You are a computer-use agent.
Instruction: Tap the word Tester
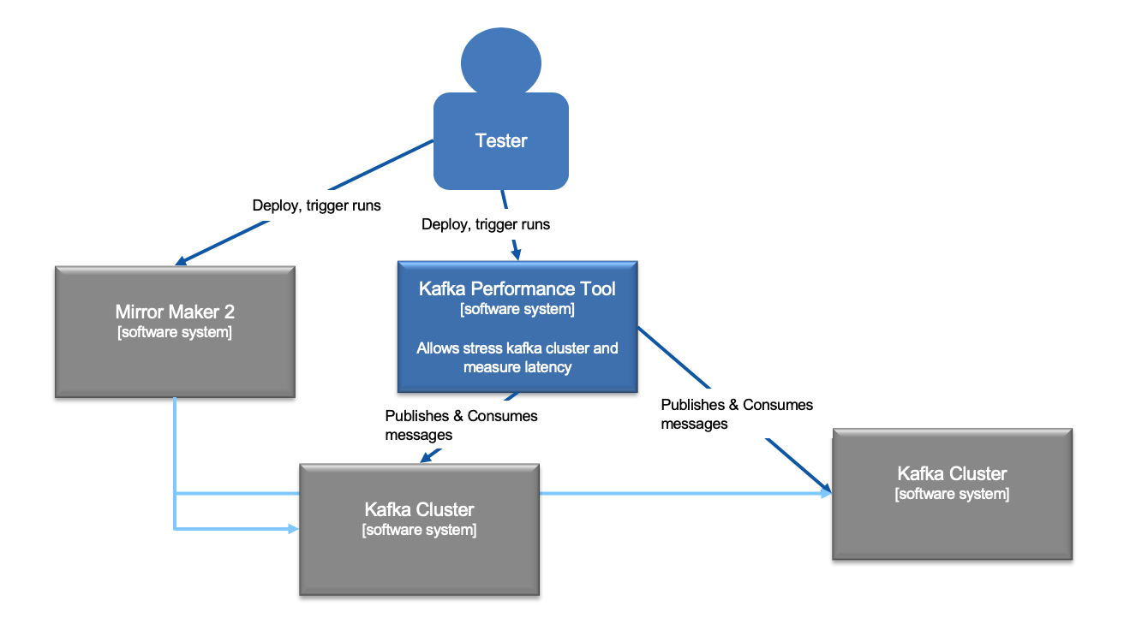pyautogui.click(x=501, y=140)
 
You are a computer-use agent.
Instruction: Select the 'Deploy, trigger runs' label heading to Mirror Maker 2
pyautogui.click(x=316, y=205)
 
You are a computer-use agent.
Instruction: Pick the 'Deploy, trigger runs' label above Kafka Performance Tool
pyautogui.click(x=486, y=224)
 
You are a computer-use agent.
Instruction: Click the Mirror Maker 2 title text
pyautogui.click(x=175, y=312)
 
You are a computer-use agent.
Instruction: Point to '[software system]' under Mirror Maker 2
pyautogui.click(x=175, y=332)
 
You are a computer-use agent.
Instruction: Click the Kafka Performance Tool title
pyautogui.click(x=517, y=288)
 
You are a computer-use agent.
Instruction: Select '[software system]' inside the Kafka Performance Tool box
pyautogui.click(x=517, y=309)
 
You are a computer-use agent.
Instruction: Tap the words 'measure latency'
pyautogui.click(x=517, y=367)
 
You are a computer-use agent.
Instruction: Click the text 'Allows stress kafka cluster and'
pyautogui.click(x=517, y=348)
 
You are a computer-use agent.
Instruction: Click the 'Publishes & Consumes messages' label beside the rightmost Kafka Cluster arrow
pyautogui.click(x=736, y=413)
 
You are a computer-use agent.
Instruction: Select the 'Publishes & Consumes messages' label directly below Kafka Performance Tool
pyautogui.click(x=461, y=425)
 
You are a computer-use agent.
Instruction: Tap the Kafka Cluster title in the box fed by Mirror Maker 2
pyautogui.click(x=420, y=509)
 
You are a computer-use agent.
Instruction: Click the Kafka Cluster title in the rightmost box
pyautogui.click(x=952, y=473)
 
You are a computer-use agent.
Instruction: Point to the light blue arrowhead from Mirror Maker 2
pyautogui.click(x=293, y=529)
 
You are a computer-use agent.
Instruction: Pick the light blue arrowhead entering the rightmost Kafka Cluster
pyautogui.click(x=827, y=493)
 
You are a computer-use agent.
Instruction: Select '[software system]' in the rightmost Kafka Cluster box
pyautogui.click(x=952, y=494)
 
